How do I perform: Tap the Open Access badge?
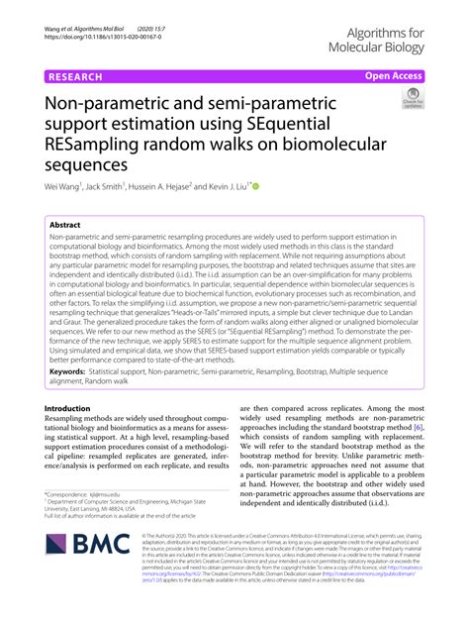[395, 76]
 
